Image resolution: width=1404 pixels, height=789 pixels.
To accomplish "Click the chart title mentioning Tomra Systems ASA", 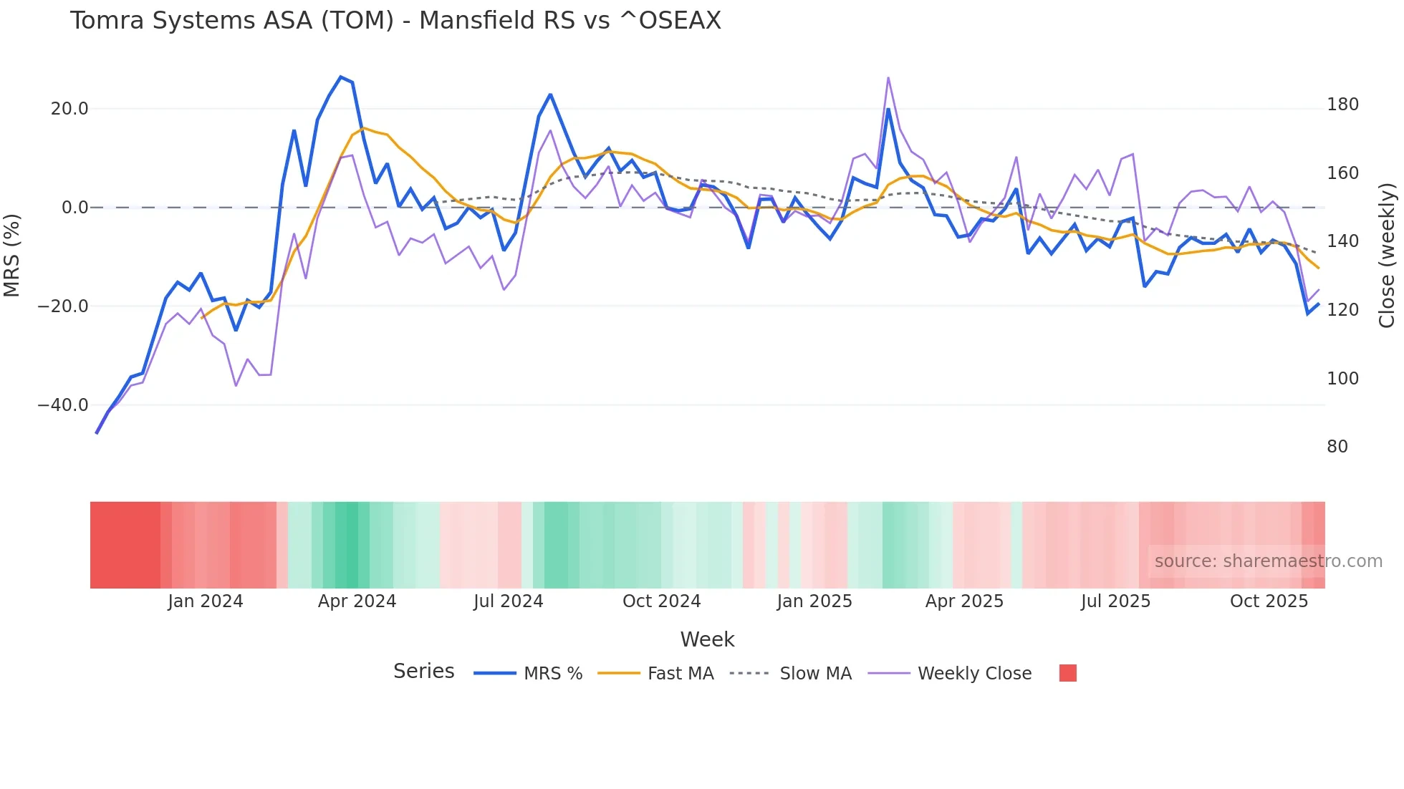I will pos(395,21).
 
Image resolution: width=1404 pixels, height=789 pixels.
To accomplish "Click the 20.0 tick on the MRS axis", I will pos(69,109).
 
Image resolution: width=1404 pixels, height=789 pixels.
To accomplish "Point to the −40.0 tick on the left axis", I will pos(63,405).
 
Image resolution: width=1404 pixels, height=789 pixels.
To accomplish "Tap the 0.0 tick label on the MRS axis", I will pos(74,208).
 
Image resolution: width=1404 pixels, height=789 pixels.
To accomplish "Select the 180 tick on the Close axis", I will pos(1342,105).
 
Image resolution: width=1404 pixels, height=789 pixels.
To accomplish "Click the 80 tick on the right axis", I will pos(1337,447).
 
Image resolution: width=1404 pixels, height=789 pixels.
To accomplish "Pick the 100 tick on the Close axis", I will pos(1342,379).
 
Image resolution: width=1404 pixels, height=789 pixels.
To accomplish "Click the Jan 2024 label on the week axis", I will pos(206,601).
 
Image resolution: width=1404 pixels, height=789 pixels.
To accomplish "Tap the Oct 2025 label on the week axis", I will pos(1269,601).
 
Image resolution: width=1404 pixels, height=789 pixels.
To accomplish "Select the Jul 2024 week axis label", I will pos(508,601).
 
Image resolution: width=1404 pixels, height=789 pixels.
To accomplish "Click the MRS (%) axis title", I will pos(12,256).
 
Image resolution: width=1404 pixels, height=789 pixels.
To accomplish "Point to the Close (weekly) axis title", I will pos(1387,256).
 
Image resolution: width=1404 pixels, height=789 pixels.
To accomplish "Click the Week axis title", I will pos(707,639).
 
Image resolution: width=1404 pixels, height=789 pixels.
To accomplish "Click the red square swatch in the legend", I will pos(1067,673).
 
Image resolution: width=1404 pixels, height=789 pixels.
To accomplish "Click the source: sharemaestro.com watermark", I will pos(1268,561).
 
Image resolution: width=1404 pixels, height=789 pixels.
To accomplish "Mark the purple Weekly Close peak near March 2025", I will pos(888,77).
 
